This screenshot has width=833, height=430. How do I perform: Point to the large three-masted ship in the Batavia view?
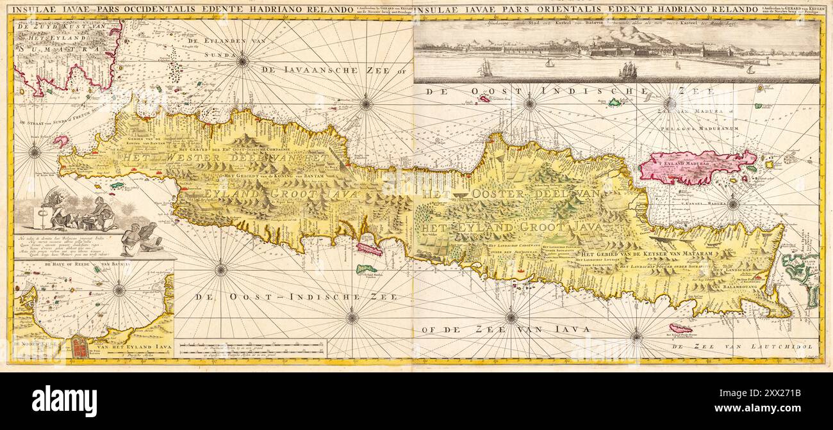point(629,70)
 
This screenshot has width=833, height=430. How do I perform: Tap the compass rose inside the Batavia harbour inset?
point(119,290)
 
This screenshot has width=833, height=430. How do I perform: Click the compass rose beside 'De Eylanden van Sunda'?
point(242,61)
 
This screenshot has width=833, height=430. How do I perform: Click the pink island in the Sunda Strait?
point(61,141)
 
